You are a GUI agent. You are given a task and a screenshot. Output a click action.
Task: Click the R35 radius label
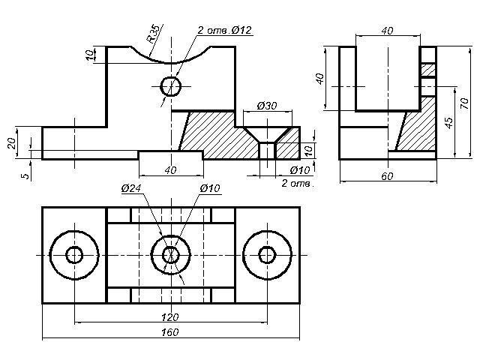[153, 34]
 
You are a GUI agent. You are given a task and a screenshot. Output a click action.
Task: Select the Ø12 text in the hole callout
[241, 29]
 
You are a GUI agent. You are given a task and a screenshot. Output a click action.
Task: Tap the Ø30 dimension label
[266, 106]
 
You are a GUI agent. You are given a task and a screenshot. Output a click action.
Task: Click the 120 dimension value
[170, 317]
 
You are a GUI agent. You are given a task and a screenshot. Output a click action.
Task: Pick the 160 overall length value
[170, 332]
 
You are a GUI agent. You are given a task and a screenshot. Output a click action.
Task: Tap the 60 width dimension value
[388, 176]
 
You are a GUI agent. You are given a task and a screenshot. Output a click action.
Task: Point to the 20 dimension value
[12, 142]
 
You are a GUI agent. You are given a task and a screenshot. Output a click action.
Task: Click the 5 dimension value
[25, 175]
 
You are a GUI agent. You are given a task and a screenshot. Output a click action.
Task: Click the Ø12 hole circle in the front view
[171, 86]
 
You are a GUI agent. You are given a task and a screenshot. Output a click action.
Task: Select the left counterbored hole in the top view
[74, 255]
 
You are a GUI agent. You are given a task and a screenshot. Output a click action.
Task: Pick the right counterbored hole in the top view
[267, 255]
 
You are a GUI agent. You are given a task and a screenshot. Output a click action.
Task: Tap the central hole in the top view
[171, 255]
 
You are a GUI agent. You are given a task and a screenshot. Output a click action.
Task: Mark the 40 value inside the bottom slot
[170, 170]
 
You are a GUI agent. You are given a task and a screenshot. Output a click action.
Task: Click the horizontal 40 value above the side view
[387, 31]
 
